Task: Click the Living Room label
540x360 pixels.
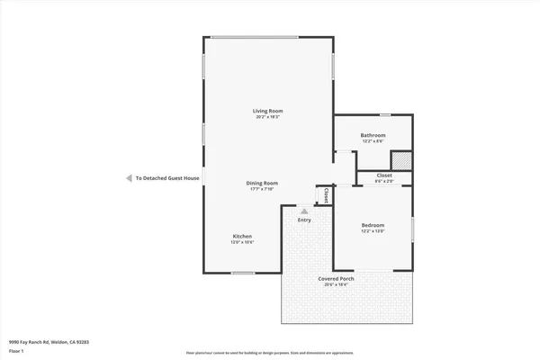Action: (267, 111)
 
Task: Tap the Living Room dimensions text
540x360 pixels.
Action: (267, 117)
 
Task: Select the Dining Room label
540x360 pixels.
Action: (263, 183)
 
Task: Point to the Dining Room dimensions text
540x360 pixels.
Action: (263, 189)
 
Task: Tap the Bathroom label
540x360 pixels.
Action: (373, 135)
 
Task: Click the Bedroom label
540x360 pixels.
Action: (373, 225)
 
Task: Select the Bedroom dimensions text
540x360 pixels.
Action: (373, 231)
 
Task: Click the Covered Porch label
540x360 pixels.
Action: (336, 279)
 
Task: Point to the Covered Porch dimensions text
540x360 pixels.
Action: (336, 285)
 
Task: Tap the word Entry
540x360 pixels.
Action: (304, 220)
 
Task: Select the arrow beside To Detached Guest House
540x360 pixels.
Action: (129, 178)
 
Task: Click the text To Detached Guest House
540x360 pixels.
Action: (167, 178)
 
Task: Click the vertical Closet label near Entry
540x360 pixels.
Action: (325, 194)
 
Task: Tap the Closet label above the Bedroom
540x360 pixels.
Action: (384, 175)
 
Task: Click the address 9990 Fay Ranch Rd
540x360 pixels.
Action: (49, 343)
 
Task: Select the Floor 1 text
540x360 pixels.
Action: (15, 351)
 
